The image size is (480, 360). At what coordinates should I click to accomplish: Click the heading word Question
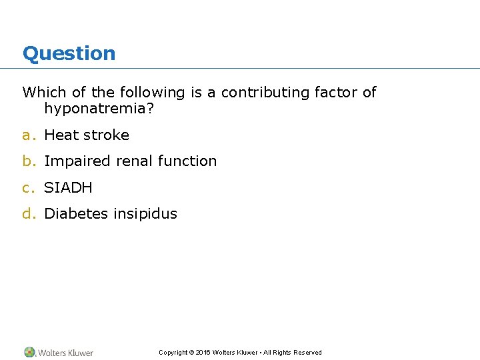click(69, 53)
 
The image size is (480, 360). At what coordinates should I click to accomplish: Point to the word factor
click(337, 93)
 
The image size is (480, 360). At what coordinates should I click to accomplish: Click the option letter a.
click(27, 135)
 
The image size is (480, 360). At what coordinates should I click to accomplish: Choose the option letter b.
click(27, 161)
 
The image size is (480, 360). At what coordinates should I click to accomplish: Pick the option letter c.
click(27, 188)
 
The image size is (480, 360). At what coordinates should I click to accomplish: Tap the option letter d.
click(27, 214)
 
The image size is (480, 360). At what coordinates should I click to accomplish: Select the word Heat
click(61, 135)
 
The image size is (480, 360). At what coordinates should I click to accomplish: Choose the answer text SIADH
click(68, 188)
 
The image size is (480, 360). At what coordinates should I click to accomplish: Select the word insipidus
click(145, 214)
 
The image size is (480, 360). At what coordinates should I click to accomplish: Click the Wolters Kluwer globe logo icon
click(29, 352)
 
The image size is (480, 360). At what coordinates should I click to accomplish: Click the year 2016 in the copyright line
click(203, 353)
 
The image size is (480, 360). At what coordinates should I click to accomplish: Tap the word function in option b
click(187, 161)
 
